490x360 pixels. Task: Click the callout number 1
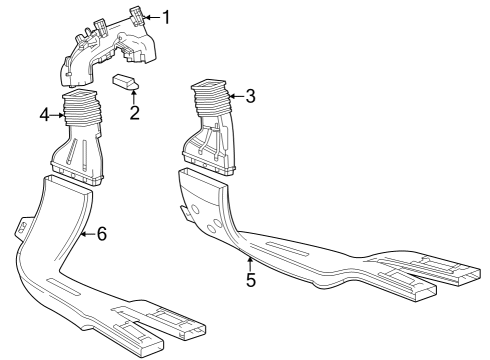pyautogui.click(x=167, y=16)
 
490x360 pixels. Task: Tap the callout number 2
pyautogui.click(x=134, y=111)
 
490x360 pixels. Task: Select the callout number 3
pyautogui.click(x=250, y=97)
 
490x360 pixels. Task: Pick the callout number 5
pyautogui.click(x=250, y=279)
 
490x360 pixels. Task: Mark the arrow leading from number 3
pyautogui.click(x=230, y=97)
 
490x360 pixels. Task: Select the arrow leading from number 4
pyautogui.click(x=63, y=115)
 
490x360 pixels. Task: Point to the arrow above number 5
pyautogui.click(x=249, y=259)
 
